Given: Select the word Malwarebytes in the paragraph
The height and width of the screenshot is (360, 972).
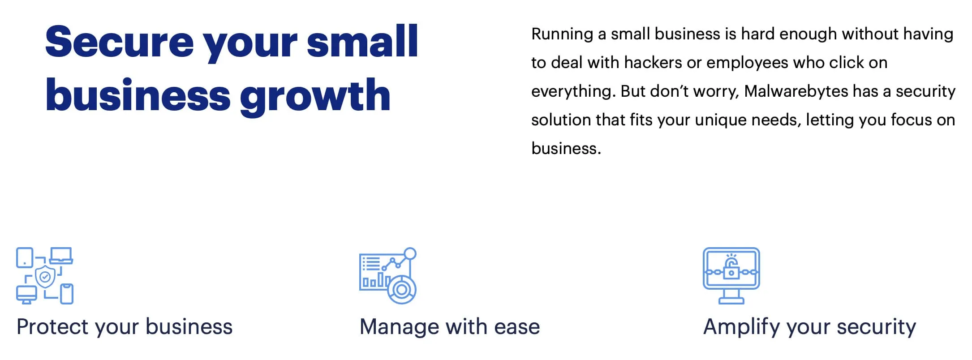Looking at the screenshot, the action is click(x=796, y=91).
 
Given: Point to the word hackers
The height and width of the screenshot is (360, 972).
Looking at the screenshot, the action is click(x=653, y=62).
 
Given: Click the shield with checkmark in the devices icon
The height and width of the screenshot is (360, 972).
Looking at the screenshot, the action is click(x=45, y=277).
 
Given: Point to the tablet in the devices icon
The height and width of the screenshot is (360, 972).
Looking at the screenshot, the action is click(x=25, y=257).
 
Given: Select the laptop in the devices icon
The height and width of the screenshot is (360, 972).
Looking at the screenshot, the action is click(x=61, y=255).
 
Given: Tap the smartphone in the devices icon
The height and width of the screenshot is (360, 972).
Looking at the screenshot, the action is click(x=67, y=294).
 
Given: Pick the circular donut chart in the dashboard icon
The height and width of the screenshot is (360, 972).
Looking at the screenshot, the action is click(x=402, y=290).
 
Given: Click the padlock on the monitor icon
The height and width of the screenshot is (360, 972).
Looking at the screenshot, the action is click(x=731, y=268).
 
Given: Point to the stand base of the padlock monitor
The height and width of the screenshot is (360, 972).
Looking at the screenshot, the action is click(x=731, y=301).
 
